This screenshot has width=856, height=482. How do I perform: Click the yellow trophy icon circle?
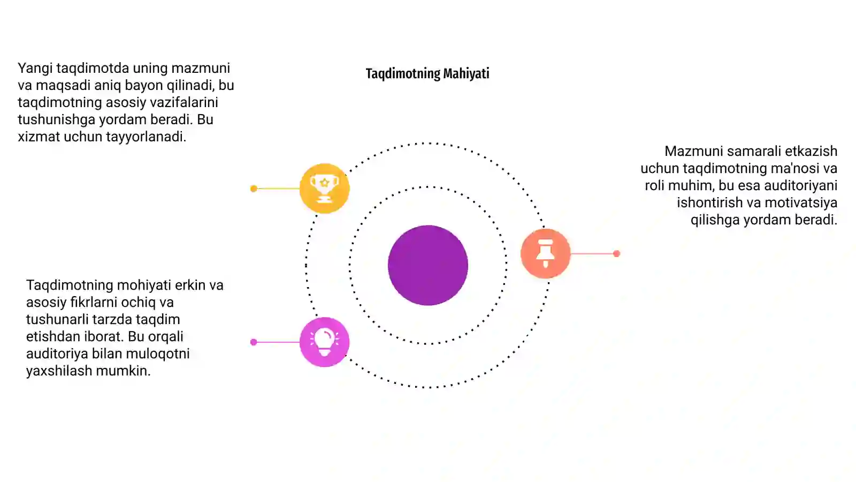point(324,188)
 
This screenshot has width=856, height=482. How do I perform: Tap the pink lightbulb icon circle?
point(324,342)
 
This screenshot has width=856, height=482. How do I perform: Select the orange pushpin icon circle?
point(545,253)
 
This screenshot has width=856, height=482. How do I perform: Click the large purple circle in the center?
point(428,265)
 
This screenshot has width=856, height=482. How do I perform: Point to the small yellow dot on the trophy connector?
point(254,189)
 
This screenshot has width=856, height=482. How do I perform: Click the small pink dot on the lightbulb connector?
point(254,342)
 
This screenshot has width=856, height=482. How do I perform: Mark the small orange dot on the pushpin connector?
point(616,254)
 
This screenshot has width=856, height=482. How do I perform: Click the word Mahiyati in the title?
point(466,73)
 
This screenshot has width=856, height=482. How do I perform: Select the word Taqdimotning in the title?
point(403,74)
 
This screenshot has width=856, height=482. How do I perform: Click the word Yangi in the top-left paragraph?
point(35,69)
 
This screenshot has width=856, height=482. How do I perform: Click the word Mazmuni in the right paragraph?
point(693,151)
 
